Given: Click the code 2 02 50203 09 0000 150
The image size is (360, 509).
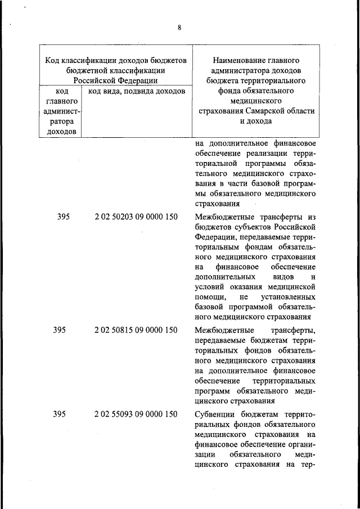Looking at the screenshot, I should click(136, 216).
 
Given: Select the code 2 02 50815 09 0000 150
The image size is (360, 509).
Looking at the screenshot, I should click(136, 330).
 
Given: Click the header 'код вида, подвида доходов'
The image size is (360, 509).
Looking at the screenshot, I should click(137, 91).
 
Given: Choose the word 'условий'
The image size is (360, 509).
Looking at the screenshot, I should click(210, 286).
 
